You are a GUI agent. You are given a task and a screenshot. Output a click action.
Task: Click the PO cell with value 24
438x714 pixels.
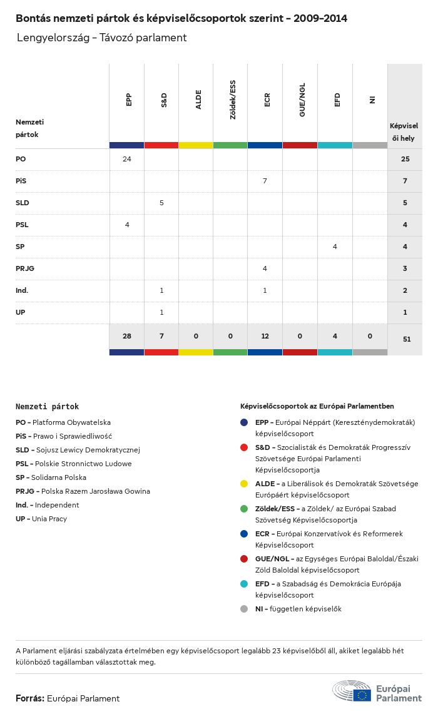pyautogui.click(x=127, y=159)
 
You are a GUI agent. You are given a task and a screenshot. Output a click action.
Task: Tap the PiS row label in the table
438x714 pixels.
pyautogui.click(x=21, y=181)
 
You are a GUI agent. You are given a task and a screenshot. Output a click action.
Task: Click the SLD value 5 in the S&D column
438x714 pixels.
pyautogui.click(x=161, y=203)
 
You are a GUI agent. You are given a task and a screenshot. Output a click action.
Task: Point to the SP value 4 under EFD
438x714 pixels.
pyautogui.click(x=335, y=247)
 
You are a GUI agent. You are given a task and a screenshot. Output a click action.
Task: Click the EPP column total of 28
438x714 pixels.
pyautogui.click(x=127, y=336)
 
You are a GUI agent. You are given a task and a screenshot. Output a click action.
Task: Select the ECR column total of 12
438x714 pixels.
pyautogui.click(x=265, y=336)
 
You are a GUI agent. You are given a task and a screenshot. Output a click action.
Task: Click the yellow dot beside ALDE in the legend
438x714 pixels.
pyautogui.click(x=244, y=484)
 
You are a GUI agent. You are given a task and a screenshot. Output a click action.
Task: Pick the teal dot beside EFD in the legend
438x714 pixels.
pyautogui.click(x=244, y=584)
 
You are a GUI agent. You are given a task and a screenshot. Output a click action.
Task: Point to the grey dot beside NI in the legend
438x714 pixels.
pyautogui.click(x=244, y=609)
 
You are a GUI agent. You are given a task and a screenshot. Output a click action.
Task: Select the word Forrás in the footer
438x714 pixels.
pyautogui.click(x=29, y=698)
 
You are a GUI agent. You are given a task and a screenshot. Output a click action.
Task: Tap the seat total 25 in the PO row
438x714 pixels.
pyautogui.click(x=405, y=159)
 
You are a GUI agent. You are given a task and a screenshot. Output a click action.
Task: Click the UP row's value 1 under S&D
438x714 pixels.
pyautogui.click(x=161, y=312)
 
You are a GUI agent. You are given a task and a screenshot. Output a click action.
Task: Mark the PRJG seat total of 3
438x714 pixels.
pyautogui.click(x=405, y=268)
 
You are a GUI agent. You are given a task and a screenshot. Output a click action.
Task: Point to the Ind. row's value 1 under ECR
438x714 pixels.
pyautogui.click(x=265, y=290)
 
